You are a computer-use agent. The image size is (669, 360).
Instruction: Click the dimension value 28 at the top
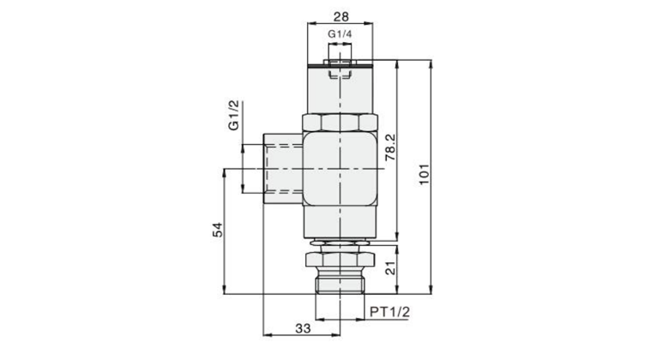(x=341, y=16)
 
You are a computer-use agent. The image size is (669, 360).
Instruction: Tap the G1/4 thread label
(x=340, y=33)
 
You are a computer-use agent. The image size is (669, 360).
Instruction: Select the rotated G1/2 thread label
(x=234, y=115)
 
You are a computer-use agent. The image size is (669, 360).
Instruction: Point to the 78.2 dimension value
(x=390, y=147)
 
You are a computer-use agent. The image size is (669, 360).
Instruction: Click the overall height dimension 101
(x=423, y=174)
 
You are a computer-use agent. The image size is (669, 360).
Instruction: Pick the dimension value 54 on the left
(x=218, y=230)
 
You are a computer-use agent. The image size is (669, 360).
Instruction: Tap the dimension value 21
(x=391, y=268)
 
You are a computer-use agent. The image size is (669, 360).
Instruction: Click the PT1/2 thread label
(x=389, y=312)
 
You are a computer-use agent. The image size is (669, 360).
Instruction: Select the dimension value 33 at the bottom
(x=303, y=328)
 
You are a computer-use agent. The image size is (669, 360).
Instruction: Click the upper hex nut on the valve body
(x=340, y=123)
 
